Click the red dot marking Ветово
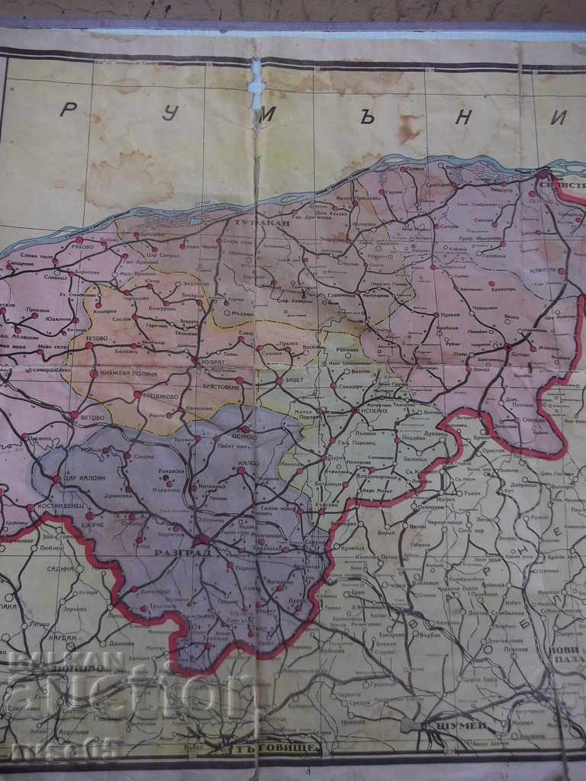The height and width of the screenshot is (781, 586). point(74,416)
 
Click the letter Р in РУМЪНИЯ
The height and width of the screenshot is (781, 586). point(68,109)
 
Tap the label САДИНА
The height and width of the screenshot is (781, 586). point(60,569)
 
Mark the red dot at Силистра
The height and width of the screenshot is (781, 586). point(543,175)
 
